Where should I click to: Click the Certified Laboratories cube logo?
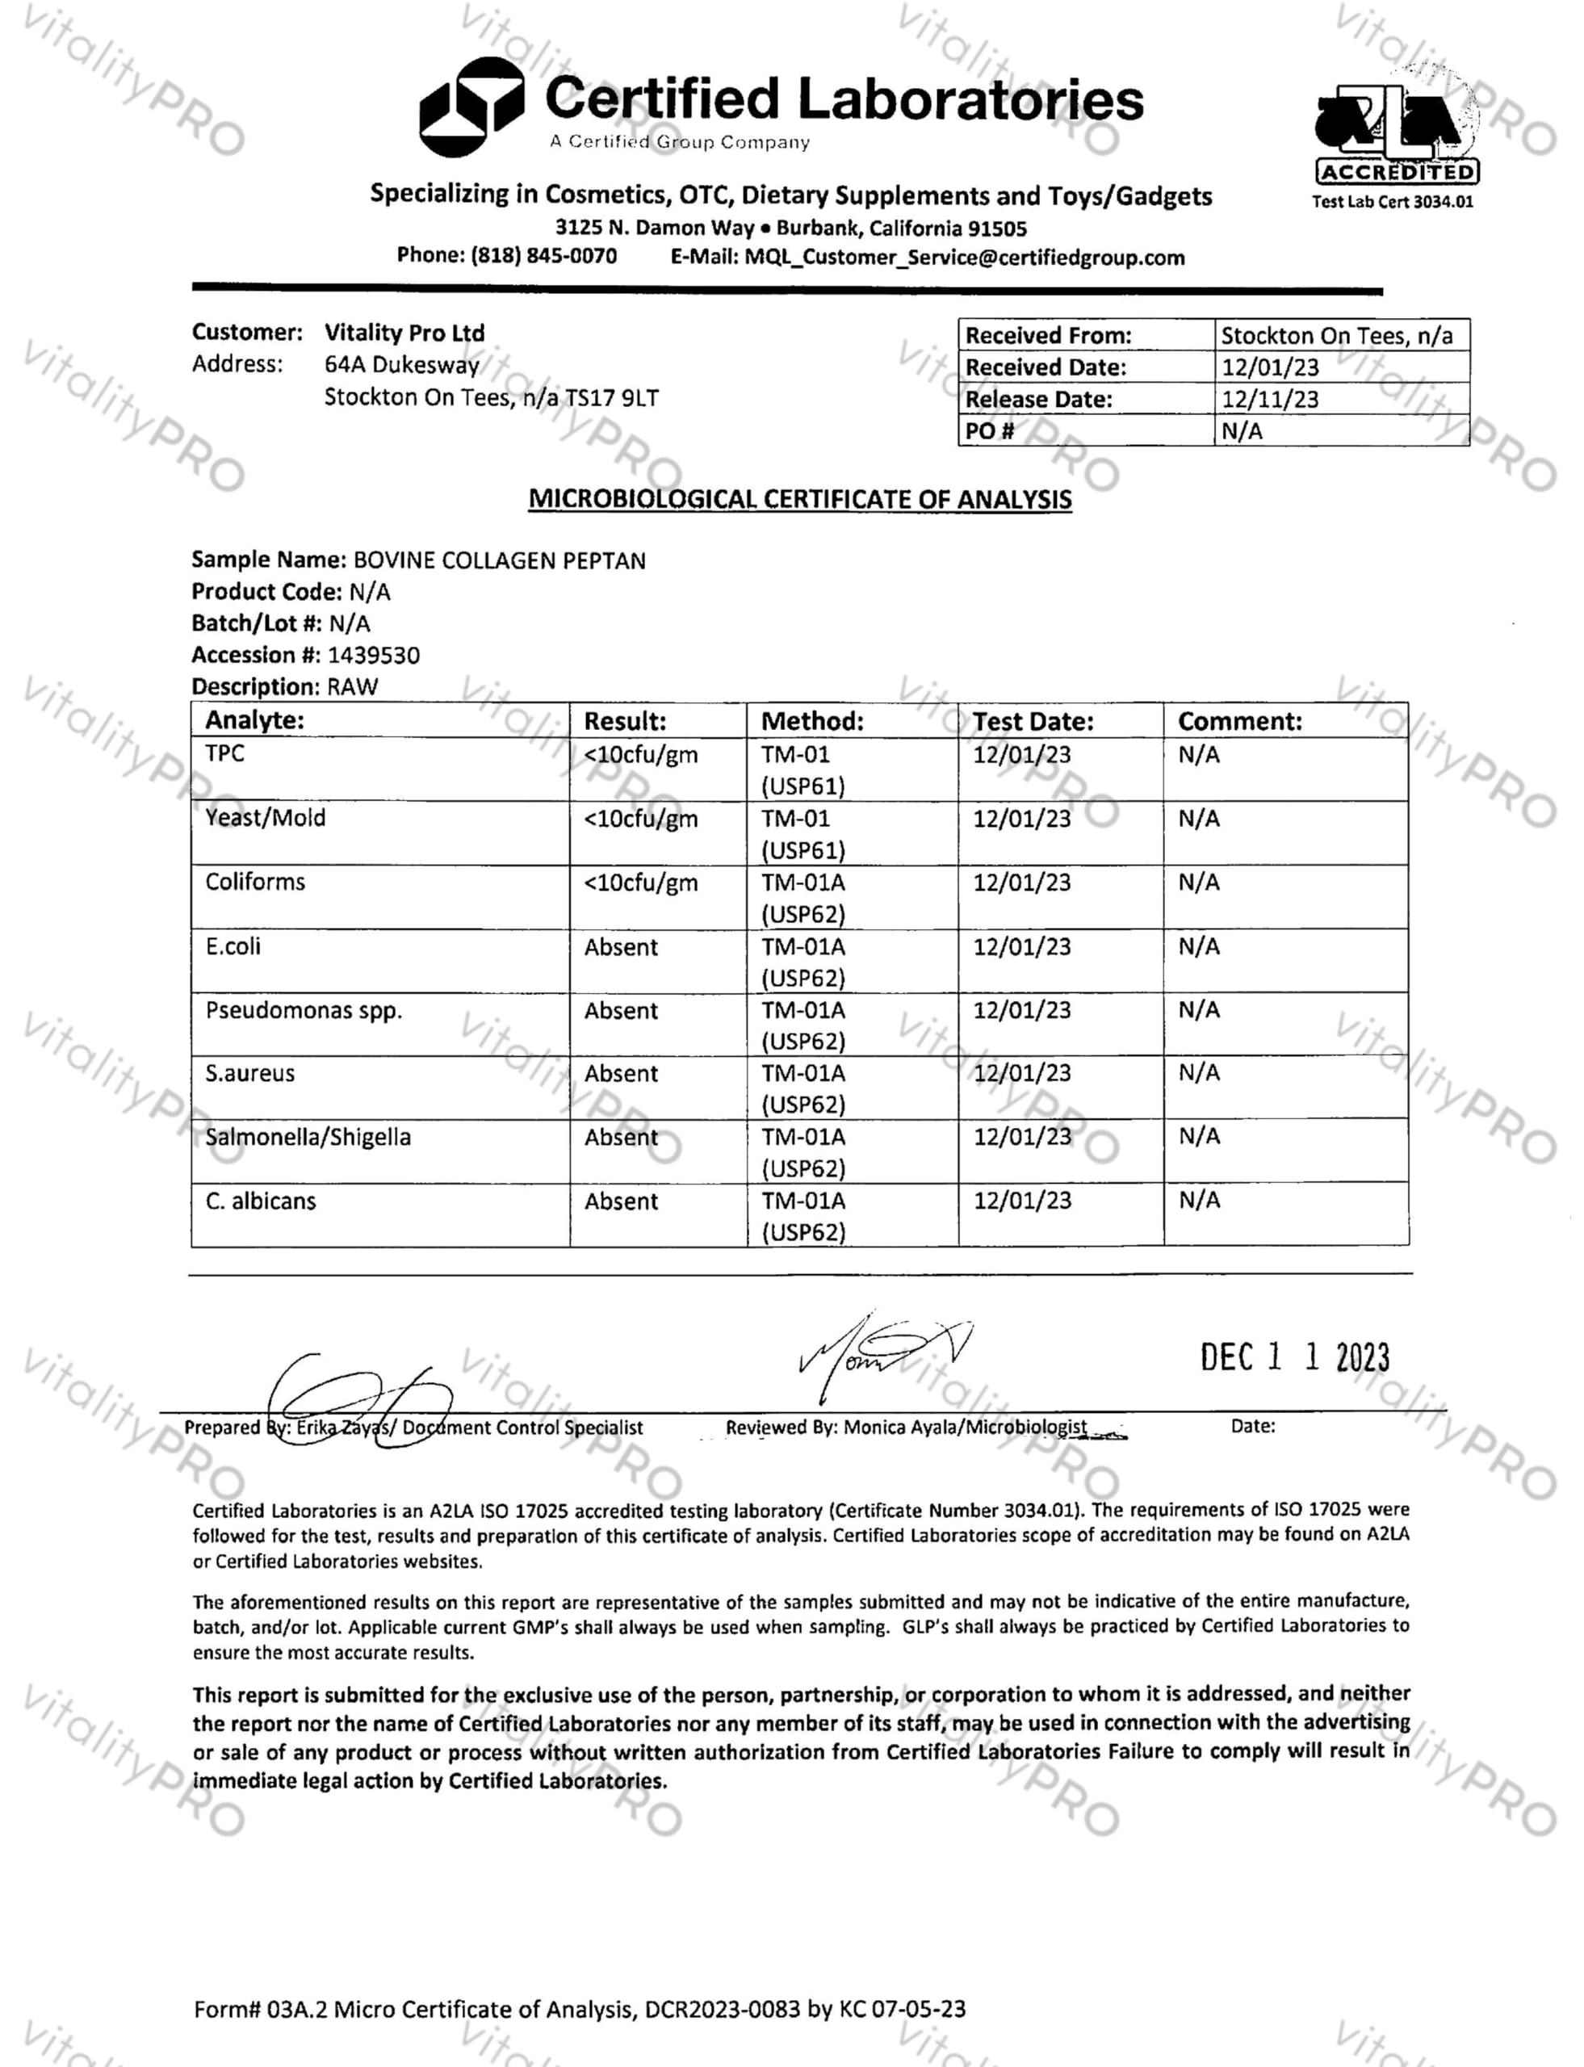tap(471, 107)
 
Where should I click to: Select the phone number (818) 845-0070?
tap(544, 257)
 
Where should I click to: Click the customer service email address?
tap(964, 258)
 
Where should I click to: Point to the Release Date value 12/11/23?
tap(1269, 399)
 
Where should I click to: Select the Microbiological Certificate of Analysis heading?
tap(799, 499)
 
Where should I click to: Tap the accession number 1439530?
tap(373, 656)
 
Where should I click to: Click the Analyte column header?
tap(254, 720)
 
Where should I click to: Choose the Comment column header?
tap(1239, 721)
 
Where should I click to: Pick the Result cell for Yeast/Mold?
tap(640, 819)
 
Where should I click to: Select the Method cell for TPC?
tap(802, 769)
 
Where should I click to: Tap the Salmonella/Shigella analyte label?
tap(308, 1137)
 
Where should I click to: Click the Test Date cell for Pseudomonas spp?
tap(1021, 1010)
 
